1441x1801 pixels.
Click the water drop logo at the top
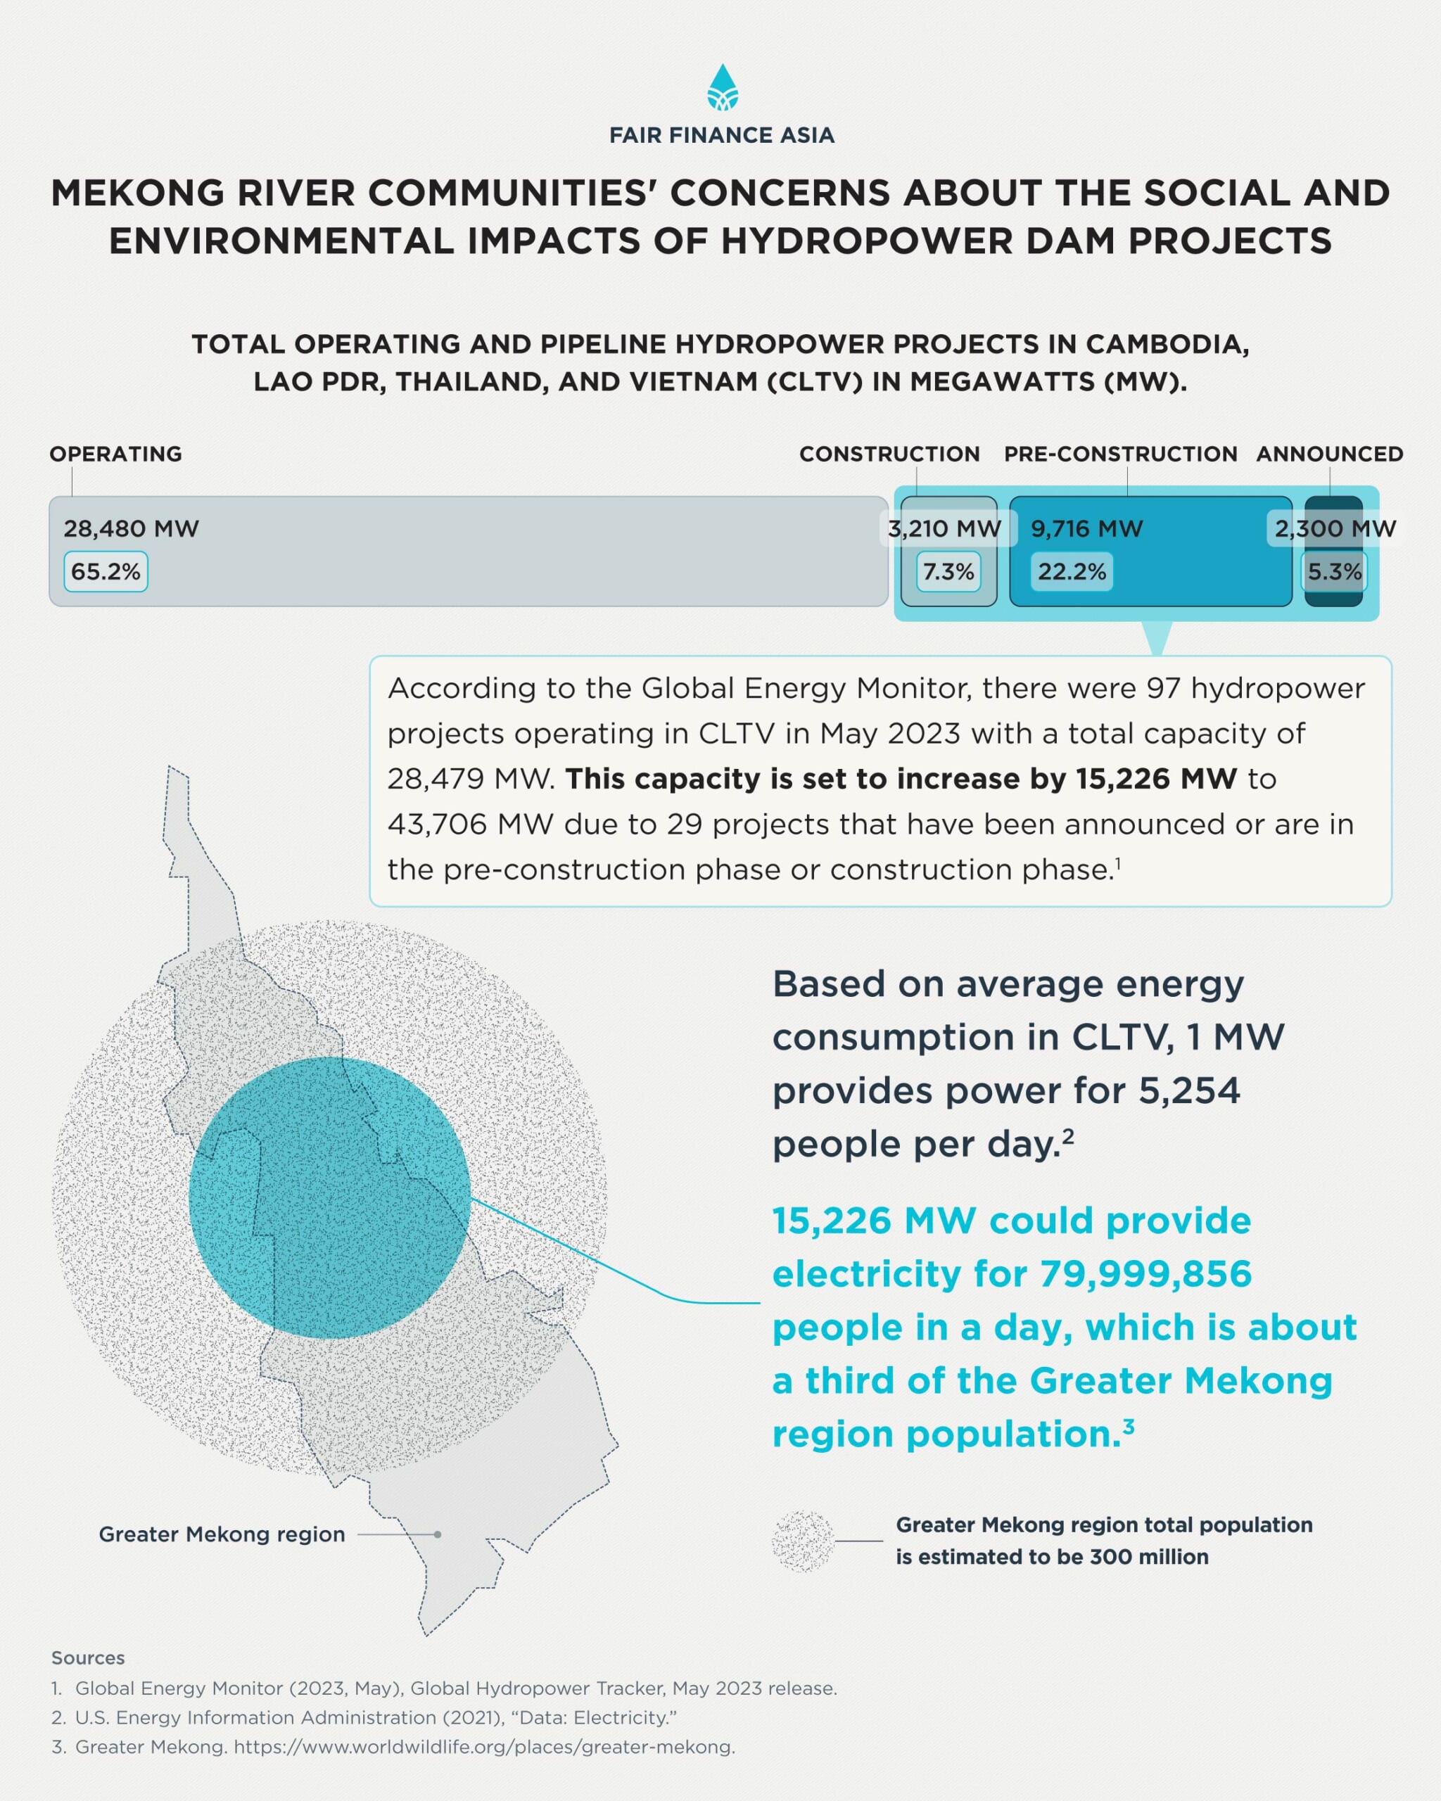(x=722, y=88)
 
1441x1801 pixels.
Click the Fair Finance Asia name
(x=722, y=135)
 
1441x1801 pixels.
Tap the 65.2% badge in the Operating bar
(x=106, y=572)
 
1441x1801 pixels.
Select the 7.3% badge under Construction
(x=948, y=572)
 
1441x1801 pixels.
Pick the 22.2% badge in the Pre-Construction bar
(x=1071, y=572)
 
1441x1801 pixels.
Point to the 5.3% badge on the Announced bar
(x=1334, y=572)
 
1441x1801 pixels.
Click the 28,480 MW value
(x=131, y=529)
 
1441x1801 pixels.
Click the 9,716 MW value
(x=1087, y=529)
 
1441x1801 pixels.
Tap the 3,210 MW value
(x=945, y=529)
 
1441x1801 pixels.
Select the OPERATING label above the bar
(x=115, y=454)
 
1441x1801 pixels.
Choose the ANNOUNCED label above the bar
(x=1329, y=454)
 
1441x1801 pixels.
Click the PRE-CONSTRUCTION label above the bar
(x=1120, y=454)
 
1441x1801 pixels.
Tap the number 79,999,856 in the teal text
(x=1145, y=1275)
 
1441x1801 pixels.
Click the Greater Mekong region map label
(x=222, y=1534)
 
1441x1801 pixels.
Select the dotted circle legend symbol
(x=803, y=1541)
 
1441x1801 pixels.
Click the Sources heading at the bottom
(x=88, y=1658)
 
